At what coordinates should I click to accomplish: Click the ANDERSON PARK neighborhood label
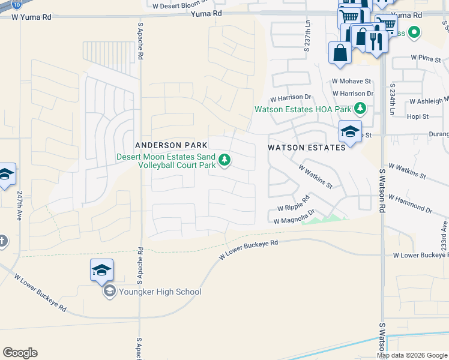[171, 145]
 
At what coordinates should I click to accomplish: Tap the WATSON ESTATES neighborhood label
[306, 147]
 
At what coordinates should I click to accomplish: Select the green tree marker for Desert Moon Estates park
[224, 160]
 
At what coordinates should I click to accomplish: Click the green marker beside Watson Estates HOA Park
[360, 109]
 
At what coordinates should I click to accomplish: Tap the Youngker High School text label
[159, 292]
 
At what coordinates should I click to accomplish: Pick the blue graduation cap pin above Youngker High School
[101, 271]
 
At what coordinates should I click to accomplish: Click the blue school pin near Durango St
[349, 131]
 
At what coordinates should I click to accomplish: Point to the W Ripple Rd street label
[294, 203]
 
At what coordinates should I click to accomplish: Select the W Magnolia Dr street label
[294, 221]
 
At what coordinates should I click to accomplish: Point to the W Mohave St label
[352, 81]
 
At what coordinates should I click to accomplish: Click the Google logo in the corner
[20, 353]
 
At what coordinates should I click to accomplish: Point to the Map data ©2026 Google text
[412, 355]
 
